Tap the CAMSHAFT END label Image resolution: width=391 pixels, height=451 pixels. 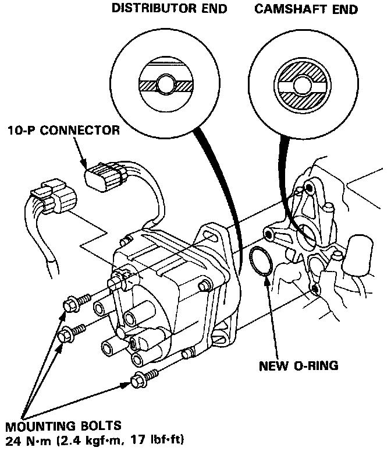pyautogui.click(x=307, y=9)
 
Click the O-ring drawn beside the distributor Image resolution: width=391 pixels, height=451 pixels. pyautogui.click(x=261, y=261)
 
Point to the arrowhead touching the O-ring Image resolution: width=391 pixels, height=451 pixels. pyautogui.click(x=265, y=280)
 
